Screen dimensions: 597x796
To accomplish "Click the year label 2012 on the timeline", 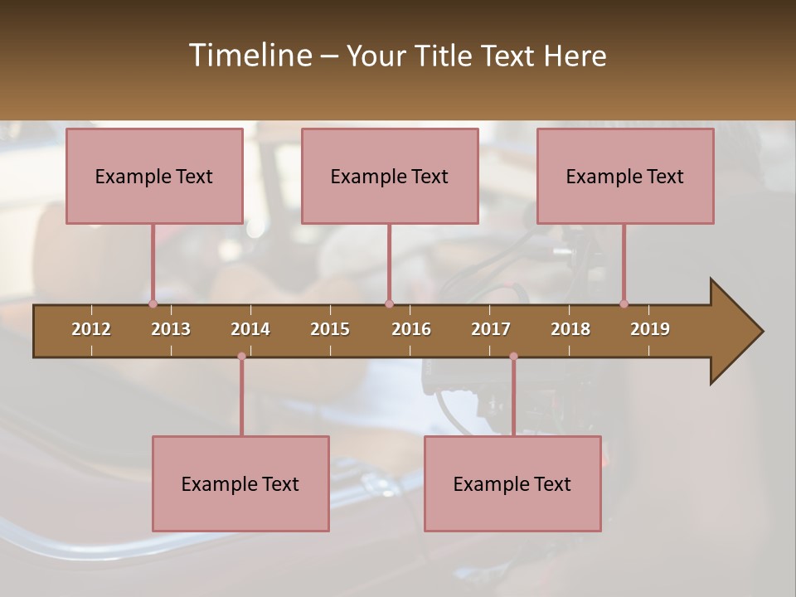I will pos(91,329).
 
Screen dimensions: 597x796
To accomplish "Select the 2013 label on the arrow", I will pos(171,329).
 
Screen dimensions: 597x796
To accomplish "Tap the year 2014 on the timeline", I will pos(250,329).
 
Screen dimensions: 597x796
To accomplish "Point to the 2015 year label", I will pos(330,329).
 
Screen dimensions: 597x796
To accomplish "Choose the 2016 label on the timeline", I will pos(411,329).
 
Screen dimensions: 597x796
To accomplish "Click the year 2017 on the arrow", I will pos(491,329).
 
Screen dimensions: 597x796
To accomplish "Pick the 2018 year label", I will pos(570,329).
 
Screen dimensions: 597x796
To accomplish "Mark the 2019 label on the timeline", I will pos(650,329).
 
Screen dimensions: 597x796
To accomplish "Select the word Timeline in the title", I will pos(250,56).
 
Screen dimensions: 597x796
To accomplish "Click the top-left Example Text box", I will pos(154,176).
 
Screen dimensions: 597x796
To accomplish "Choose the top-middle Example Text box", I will pos(390,176).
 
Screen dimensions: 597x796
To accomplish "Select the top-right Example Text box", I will pos(625,176).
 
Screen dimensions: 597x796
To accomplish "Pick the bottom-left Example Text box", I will pos(240,483).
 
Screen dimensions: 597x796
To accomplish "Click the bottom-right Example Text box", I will pos(512,483).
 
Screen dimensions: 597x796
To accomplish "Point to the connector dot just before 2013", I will pos(153,303).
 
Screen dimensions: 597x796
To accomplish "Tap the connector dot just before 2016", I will pos(389,303).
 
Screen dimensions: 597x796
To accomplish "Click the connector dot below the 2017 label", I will pos(513,357).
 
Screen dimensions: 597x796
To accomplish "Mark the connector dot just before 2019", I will pos(624,303).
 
